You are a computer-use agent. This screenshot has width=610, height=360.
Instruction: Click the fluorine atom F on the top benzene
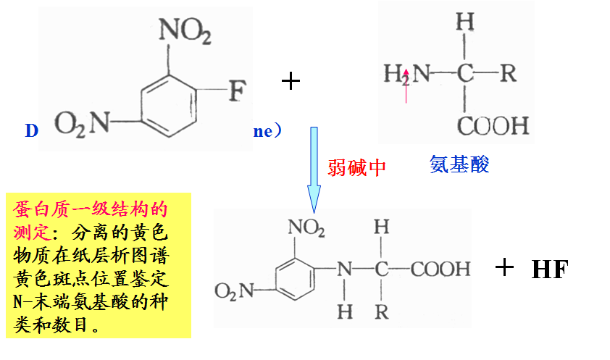pyautogui.click(x=237, y=92)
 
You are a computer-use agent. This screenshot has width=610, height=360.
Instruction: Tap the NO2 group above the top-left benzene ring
pyautogui.click(x=185, y=31)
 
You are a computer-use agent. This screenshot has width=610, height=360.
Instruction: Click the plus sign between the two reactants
pyautogui.click(x=290, y=80)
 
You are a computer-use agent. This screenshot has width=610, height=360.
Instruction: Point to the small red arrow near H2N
pyautogui.click(x=406, y=84)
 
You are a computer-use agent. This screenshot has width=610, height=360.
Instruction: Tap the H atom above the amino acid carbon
pyautogui.click(x=465, y=22)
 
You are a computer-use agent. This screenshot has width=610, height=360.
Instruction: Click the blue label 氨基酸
pyautogui.click(x=459, y=164)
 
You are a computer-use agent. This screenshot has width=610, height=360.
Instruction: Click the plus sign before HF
pyautogui.click(x=504, y=267)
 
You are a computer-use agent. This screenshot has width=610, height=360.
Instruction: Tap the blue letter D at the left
pyautogui.click(x=30, y=131)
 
